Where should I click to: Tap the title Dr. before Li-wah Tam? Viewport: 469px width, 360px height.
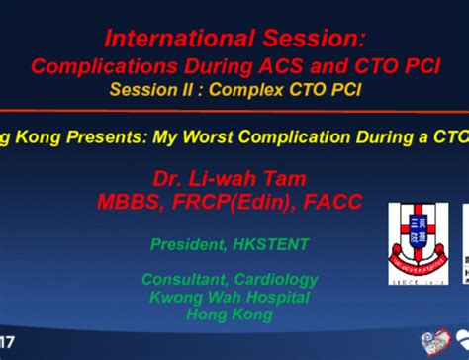pos(170,179)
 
